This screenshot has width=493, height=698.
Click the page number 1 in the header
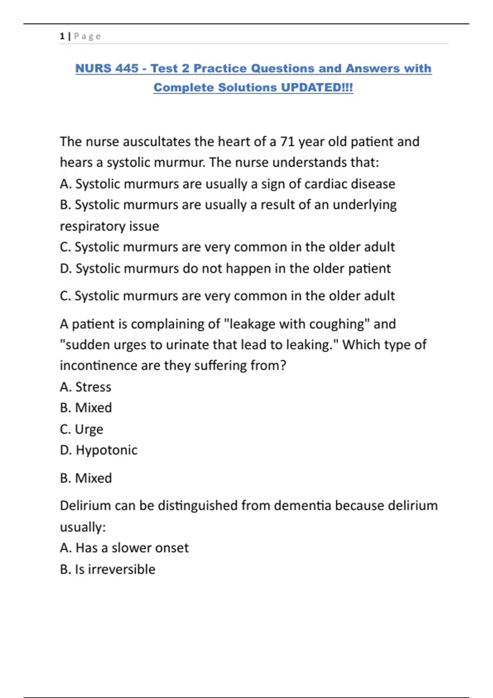click(x=62, y=36)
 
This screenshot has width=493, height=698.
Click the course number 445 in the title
click(x=127, y=68)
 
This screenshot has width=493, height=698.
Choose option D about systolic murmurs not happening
click(x=225, y=269)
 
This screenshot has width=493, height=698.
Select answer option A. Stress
click(x=85, y=387)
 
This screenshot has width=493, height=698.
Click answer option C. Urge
click(x=81, y=429)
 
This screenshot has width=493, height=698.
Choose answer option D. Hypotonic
click(x=99, y=450)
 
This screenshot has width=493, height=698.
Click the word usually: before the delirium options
click(x=83, y=527)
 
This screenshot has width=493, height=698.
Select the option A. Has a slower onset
click(x=124, y=548)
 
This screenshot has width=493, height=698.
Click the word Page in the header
click(x=87, y=36)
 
